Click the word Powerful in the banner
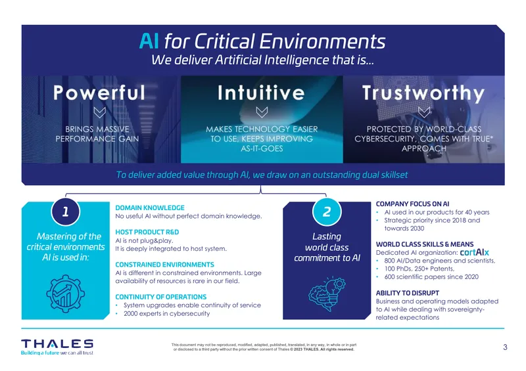99,93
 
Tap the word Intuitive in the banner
261,93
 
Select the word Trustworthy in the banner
423,93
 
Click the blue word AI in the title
149,41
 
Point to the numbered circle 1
65,211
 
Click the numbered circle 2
327,211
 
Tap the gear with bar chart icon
65,294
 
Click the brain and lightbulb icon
327,294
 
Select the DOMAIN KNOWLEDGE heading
150,207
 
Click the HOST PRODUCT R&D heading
147,232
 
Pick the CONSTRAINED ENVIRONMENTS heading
165,265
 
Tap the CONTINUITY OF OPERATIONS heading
161,297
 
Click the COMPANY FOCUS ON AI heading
413,204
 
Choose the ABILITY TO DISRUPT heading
408,293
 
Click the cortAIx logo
474,252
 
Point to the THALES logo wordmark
57,344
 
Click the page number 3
505,347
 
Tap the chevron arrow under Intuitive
262,112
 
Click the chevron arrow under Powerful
100,112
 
